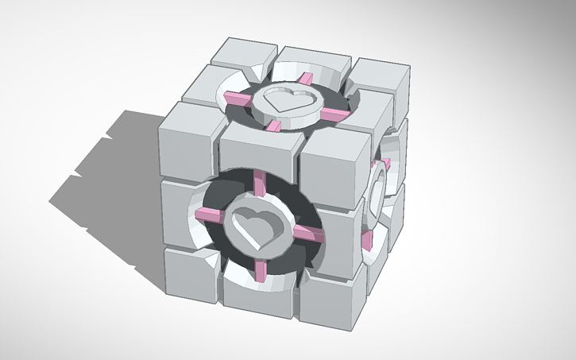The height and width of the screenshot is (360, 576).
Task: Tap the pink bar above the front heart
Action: click(x=261, y=184)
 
